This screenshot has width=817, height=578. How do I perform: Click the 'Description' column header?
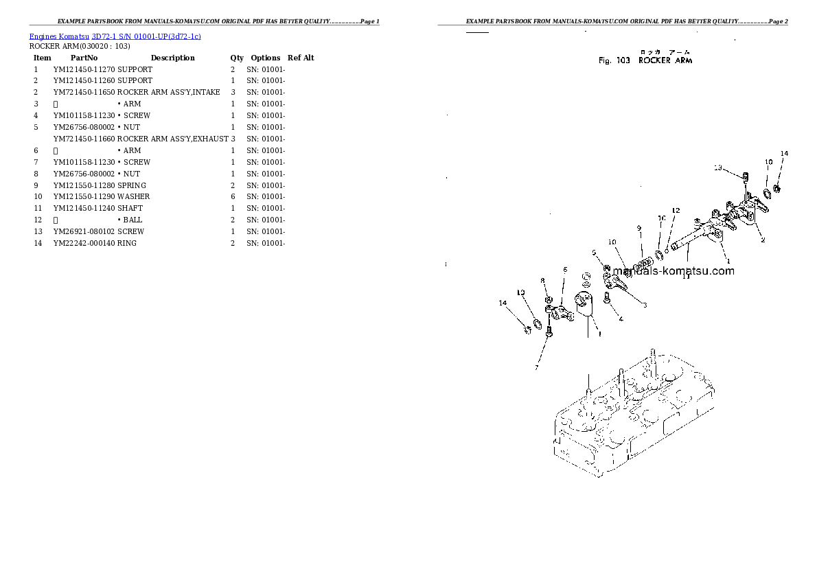coord(172,58)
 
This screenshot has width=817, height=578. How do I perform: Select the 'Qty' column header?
coord(237,58)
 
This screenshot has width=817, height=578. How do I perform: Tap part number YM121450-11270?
coord(84,69)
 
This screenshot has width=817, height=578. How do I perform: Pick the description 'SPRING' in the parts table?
coord(132,185)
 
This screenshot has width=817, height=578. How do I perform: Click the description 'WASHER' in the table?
coord(134,197)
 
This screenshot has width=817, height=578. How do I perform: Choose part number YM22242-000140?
coord(84,244)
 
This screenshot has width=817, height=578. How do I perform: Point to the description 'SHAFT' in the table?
coord(130,209)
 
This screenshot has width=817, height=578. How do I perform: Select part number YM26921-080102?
coord(84,232)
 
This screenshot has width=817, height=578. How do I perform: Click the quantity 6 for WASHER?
coord(233,197)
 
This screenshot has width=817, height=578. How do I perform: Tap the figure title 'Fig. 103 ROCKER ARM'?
coord(645,60)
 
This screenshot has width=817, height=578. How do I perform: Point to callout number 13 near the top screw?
coord(717,167)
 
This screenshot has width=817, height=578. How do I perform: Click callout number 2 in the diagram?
coord(762,240)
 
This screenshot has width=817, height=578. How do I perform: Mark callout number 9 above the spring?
coord(638,229)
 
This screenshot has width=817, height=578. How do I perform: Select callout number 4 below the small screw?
coord(621,319)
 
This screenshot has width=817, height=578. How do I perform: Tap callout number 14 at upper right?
coord(784,153)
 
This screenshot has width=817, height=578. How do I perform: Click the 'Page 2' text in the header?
coord(778,22)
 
